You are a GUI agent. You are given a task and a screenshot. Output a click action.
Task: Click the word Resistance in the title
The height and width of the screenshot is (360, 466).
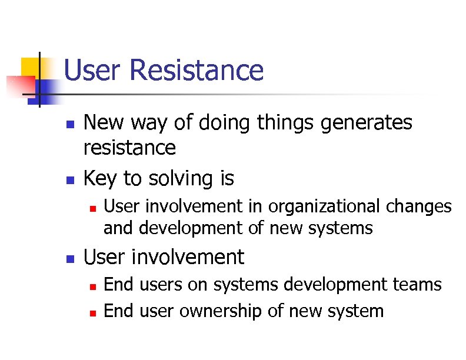pyautogui.click(x=197, y=70)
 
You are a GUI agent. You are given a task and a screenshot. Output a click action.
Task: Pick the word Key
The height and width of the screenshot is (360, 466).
pyautogui.click(x=101, y=178)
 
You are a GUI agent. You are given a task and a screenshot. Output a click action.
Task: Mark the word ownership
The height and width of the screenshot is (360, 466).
pyautogui.click(x=222, y=311)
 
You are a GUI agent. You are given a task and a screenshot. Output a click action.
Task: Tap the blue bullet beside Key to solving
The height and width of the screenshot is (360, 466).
pyautogui.click(x=69, y=179)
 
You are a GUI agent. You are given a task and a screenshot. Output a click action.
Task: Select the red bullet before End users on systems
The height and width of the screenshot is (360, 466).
pyautogui.click(x=92, y=286)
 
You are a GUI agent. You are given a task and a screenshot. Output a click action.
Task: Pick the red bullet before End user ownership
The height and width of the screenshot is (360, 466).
pyautogui.click(x=92, y=312)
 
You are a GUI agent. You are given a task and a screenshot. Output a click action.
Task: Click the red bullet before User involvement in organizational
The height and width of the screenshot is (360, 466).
pyautogui.click(x=92, y=208)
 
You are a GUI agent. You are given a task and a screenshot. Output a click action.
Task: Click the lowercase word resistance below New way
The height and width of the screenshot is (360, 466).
pyautogui.click(x=129, y=148)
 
